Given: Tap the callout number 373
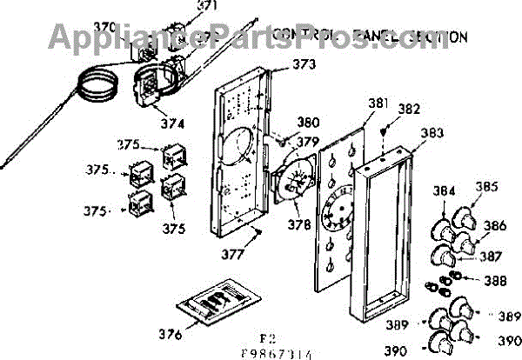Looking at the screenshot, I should pos(304,65).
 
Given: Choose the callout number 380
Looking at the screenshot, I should pos(309,123).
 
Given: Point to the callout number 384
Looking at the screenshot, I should pos(445,190).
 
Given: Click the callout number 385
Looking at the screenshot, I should pos(487,186).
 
